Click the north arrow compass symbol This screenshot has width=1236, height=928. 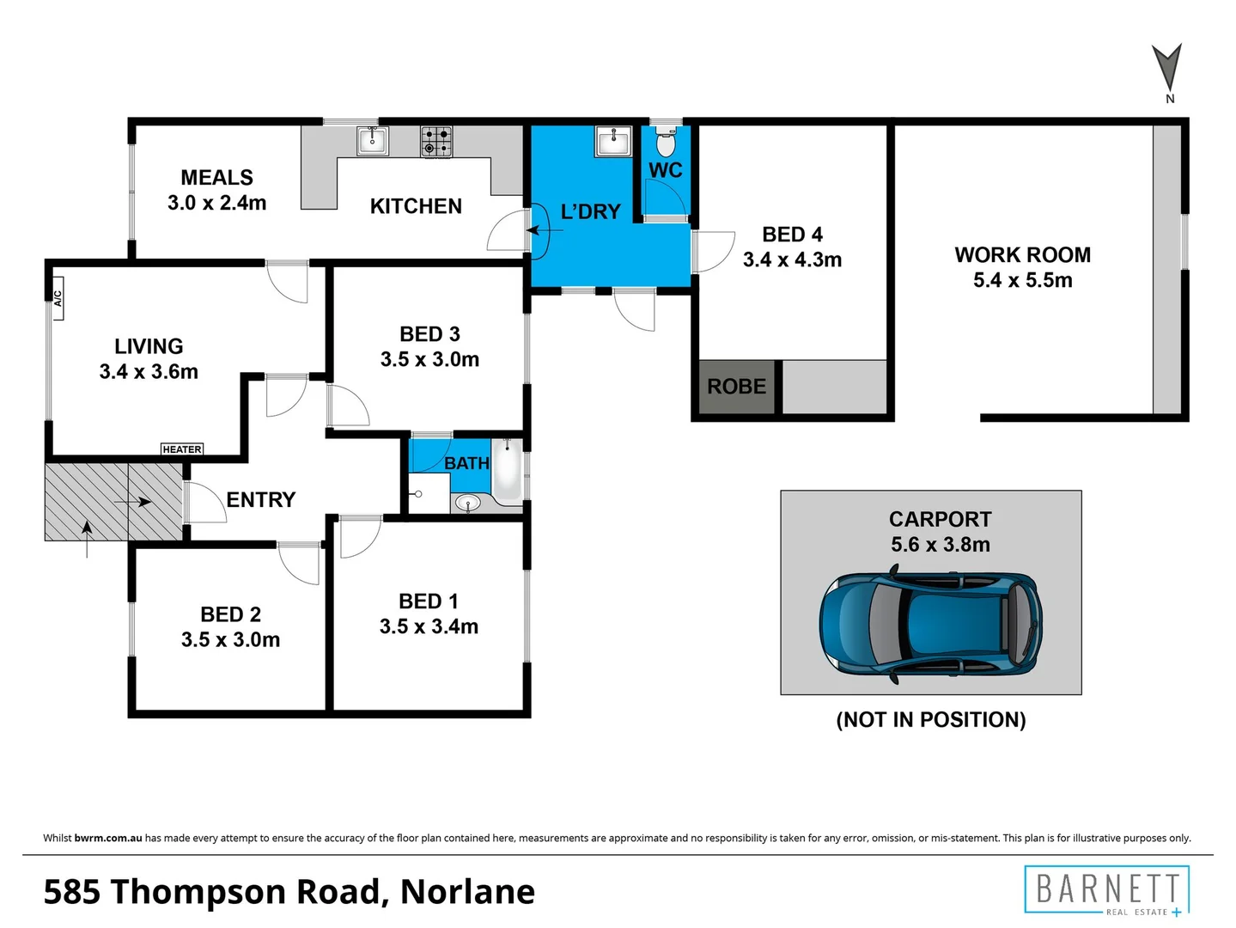(1167, 69)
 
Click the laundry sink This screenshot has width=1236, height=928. (613, 141)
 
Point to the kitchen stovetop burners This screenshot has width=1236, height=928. (436, 142)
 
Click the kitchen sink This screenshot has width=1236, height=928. (373, 140)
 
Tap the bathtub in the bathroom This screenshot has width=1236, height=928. (507, 472)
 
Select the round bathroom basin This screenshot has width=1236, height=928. (467, 504)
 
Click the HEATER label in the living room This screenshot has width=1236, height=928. (182, 449)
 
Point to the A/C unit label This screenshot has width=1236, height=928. (58, 298)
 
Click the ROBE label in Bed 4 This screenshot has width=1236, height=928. (736, 387)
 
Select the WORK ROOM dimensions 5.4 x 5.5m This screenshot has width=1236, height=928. (1022, 280)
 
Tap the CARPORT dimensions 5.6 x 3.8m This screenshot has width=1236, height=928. (940, 545)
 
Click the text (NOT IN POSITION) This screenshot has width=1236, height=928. (931, 720)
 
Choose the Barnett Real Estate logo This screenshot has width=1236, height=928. (1107, 890)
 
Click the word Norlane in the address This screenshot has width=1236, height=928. (467, 892)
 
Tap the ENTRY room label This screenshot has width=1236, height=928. (260, 499)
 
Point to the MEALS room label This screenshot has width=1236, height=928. (216, 178)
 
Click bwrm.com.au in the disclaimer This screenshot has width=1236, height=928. (108, 838)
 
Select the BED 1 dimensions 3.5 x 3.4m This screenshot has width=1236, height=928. (429, 626)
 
